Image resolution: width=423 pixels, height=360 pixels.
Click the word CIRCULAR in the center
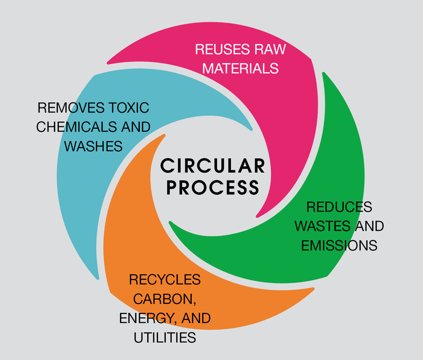pyautogui.click(x=212, y=166)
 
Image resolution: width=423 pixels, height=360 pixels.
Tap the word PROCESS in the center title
pyautogui.click(x=213, y=187)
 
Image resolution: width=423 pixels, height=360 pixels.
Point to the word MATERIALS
pyautogui.click(x=240, y=68)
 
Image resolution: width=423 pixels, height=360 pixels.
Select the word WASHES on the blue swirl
pyautogui.click(x=93, y=146)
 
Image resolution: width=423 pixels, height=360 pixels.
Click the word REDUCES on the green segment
pyautogui.click(x=339, y=207)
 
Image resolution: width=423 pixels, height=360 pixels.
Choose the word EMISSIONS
pyautogui.click(x=339, y=245)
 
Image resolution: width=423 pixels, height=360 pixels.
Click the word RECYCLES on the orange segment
pyautogui.click(x=165, y=279)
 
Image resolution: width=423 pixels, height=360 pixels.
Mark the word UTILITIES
pyautogui.click(x=165, y=337)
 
